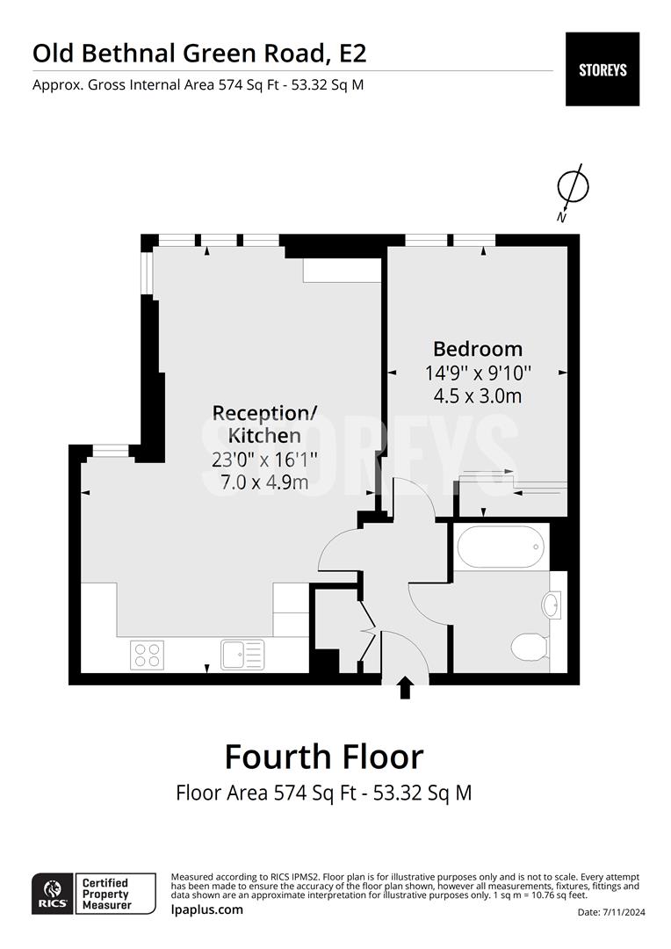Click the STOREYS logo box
(602, 69)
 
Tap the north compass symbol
(573, 187)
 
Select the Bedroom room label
(477, 349)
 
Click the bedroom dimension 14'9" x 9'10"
(477, 373)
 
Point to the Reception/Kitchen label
(264, 424)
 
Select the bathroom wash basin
(552, 605)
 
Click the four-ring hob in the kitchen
(147, 654)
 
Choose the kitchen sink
(242, 654)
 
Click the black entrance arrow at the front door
(405, 687)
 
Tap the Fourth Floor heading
(323, 757)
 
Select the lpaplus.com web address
(206, 909)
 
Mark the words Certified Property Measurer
(105, 894)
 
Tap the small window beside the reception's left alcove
(110, 451)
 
